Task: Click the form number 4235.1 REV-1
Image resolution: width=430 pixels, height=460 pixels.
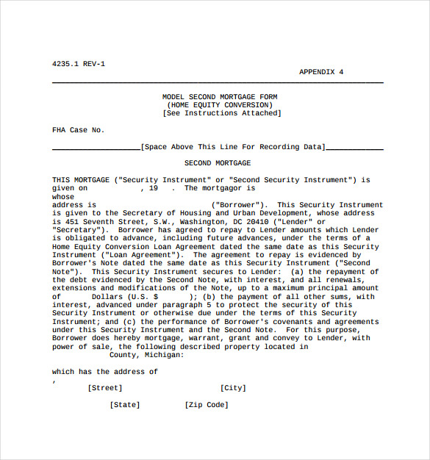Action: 79,64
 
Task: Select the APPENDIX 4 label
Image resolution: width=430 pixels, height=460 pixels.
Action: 321,72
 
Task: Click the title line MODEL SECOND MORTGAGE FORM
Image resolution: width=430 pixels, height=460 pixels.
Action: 220,97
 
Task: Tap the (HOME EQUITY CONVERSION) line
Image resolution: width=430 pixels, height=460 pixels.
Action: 220,105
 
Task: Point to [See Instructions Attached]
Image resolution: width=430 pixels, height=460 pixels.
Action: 221,113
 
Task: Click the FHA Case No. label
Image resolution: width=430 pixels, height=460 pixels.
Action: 78,130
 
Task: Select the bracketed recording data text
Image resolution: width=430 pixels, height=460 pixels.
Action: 232,147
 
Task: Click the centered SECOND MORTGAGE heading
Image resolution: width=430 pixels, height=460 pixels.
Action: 218,163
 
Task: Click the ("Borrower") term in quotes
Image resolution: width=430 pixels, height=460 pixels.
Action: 239,205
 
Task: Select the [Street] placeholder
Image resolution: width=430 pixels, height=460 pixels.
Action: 105,388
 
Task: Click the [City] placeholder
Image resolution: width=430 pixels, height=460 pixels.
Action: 233,388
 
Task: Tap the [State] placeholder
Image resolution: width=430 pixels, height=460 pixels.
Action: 125,405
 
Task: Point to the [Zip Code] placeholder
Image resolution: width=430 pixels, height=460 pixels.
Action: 207,405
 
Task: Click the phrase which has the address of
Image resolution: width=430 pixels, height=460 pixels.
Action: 105,372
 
